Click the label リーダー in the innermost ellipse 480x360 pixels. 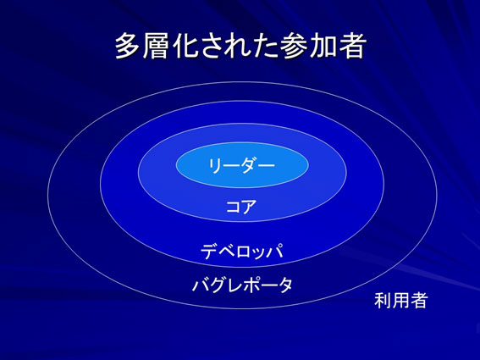click(242, 165)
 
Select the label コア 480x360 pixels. click(241, 207)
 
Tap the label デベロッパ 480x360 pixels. click(242, 252)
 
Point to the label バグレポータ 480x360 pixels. click(242, 285)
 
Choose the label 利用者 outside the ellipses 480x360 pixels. click(400, 300)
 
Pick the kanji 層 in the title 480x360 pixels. click(156, 46)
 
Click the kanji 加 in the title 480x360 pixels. click(323, 46)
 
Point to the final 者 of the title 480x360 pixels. click(351, 46)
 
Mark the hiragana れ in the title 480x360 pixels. click(238, 47)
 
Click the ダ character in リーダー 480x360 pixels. click(250, 165)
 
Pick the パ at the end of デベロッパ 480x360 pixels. click(275, 252)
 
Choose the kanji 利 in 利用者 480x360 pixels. click(383, 300)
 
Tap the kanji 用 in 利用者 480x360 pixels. click(400, 300)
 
